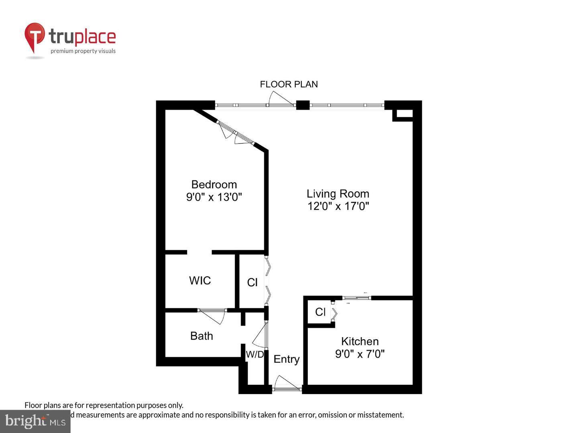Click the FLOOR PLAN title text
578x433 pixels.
point(289,84)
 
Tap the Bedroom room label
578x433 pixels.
point(214,184)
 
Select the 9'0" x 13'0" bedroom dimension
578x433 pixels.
point(214,197)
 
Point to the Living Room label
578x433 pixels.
point(338,194)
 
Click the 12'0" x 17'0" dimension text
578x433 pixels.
point(338,206)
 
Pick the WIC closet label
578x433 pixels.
point(200,280)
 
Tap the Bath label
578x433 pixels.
point(201,336)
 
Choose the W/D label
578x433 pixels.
point(255,354)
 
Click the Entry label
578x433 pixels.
point(286,359)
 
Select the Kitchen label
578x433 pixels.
point(360,341)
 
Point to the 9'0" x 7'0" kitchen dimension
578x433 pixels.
point(360,354)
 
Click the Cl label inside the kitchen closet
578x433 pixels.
point(320,312)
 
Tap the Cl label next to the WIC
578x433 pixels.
point(252,283)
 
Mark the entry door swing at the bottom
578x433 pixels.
point(286,382)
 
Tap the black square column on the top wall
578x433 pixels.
point(303,105)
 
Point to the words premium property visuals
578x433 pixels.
point(83,51)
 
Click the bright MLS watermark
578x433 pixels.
point(35,421)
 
